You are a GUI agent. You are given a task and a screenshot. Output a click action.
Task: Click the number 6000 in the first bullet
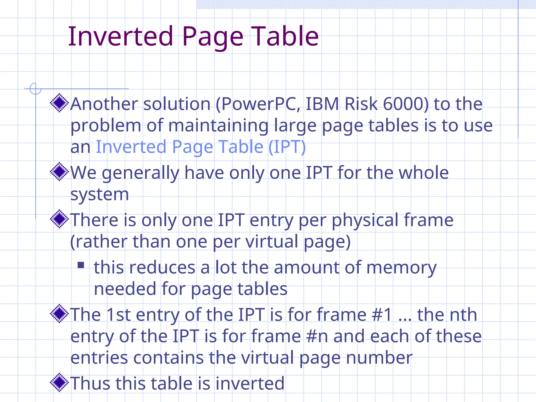click(x=406, y=104)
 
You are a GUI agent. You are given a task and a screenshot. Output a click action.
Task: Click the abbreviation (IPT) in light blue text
click(x=287, y=147)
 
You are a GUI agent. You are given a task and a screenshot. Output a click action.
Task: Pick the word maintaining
click(x=218, y=126)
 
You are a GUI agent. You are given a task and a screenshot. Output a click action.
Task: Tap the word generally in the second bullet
click(x=141, y=173)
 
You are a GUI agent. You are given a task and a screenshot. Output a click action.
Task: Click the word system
click(x=99, y=195)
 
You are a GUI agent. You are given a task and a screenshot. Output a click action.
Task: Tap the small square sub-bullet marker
click(x=81, y=265)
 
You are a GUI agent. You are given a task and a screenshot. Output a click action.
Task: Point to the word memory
click(x=401, y=268)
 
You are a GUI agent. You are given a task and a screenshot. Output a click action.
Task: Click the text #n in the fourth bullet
click(x=317, y=336)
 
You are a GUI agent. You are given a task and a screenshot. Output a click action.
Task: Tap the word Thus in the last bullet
click(x=90, y=383)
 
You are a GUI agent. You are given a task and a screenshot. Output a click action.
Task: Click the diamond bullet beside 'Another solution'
click(x=59, y=103)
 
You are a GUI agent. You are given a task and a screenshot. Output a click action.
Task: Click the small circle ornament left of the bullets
click(x=35, y=89)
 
